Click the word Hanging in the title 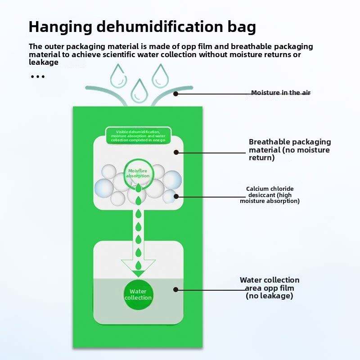click(x=60, y=27)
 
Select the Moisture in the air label click(x=280, y=93)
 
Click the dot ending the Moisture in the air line click(x=176, y=94)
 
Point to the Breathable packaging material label click(x=290, y=150)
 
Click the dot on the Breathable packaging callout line click(x=176, y=153)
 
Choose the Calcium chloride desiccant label click(x=270, y=195)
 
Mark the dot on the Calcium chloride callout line click(x=176, y=196)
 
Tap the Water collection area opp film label click(x=270, y=288)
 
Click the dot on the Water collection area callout click(x=176, y=289)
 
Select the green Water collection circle click(x=138, y=295)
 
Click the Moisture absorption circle click(x=138, y=173)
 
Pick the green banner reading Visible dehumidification click(x=139, y=136)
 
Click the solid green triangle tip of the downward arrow click(x=139, y=274)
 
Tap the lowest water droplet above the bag click(x=139, y=91)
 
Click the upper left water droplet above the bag click(x=118, y=76)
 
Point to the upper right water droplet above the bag click(x=160, y=76)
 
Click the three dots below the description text click(x=38, y=76)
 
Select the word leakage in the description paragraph click(x=44, y=62)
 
